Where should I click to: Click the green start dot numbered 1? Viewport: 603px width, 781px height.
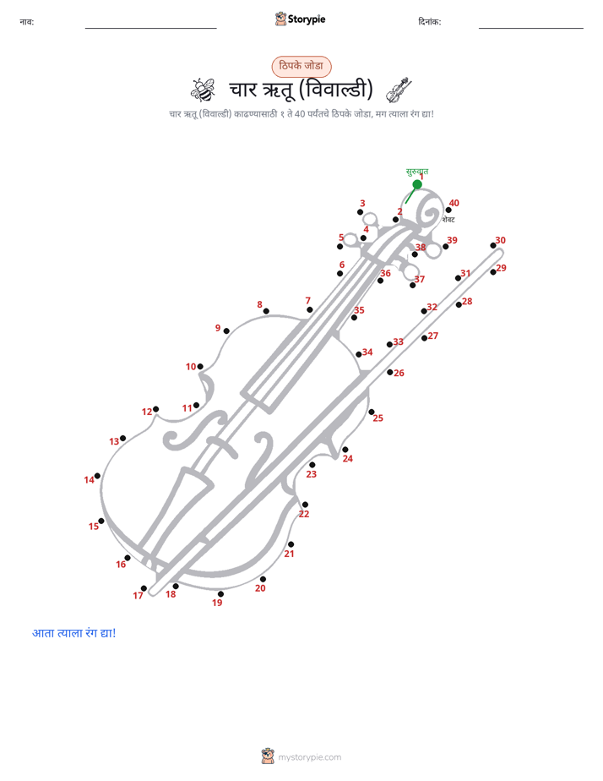(417, 184)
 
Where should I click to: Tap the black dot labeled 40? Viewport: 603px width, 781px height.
(448, 210)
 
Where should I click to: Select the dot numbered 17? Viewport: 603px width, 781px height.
(144, 588)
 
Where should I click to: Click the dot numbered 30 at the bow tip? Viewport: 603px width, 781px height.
(493, 245)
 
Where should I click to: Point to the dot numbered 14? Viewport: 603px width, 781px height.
(97, 476)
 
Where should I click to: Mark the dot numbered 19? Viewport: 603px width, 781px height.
(221, 593)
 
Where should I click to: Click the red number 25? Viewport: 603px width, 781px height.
(378, 418)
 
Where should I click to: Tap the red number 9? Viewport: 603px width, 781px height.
(217, 328)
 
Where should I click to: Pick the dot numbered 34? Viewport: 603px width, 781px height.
(359, 354)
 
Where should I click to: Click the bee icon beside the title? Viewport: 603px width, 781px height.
(203, 90)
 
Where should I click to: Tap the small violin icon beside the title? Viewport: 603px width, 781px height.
(399, 90)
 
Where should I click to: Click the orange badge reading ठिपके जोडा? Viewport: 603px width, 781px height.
(301, 66)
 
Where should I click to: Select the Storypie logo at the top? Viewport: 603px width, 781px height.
(301, 19)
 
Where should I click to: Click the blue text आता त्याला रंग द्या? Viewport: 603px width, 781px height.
(74, 633)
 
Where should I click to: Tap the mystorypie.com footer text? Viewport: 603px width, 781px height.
(309, 757)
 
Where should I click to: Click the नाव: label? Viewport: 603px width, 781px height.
(27, 22)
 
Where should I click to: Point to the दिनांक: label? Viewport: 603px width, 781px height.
(430, 22)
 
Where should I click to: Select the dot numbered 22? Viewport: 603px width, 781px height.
(305, 505)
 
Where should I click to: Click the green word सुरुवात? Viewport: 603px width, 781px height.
(417, 172)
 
